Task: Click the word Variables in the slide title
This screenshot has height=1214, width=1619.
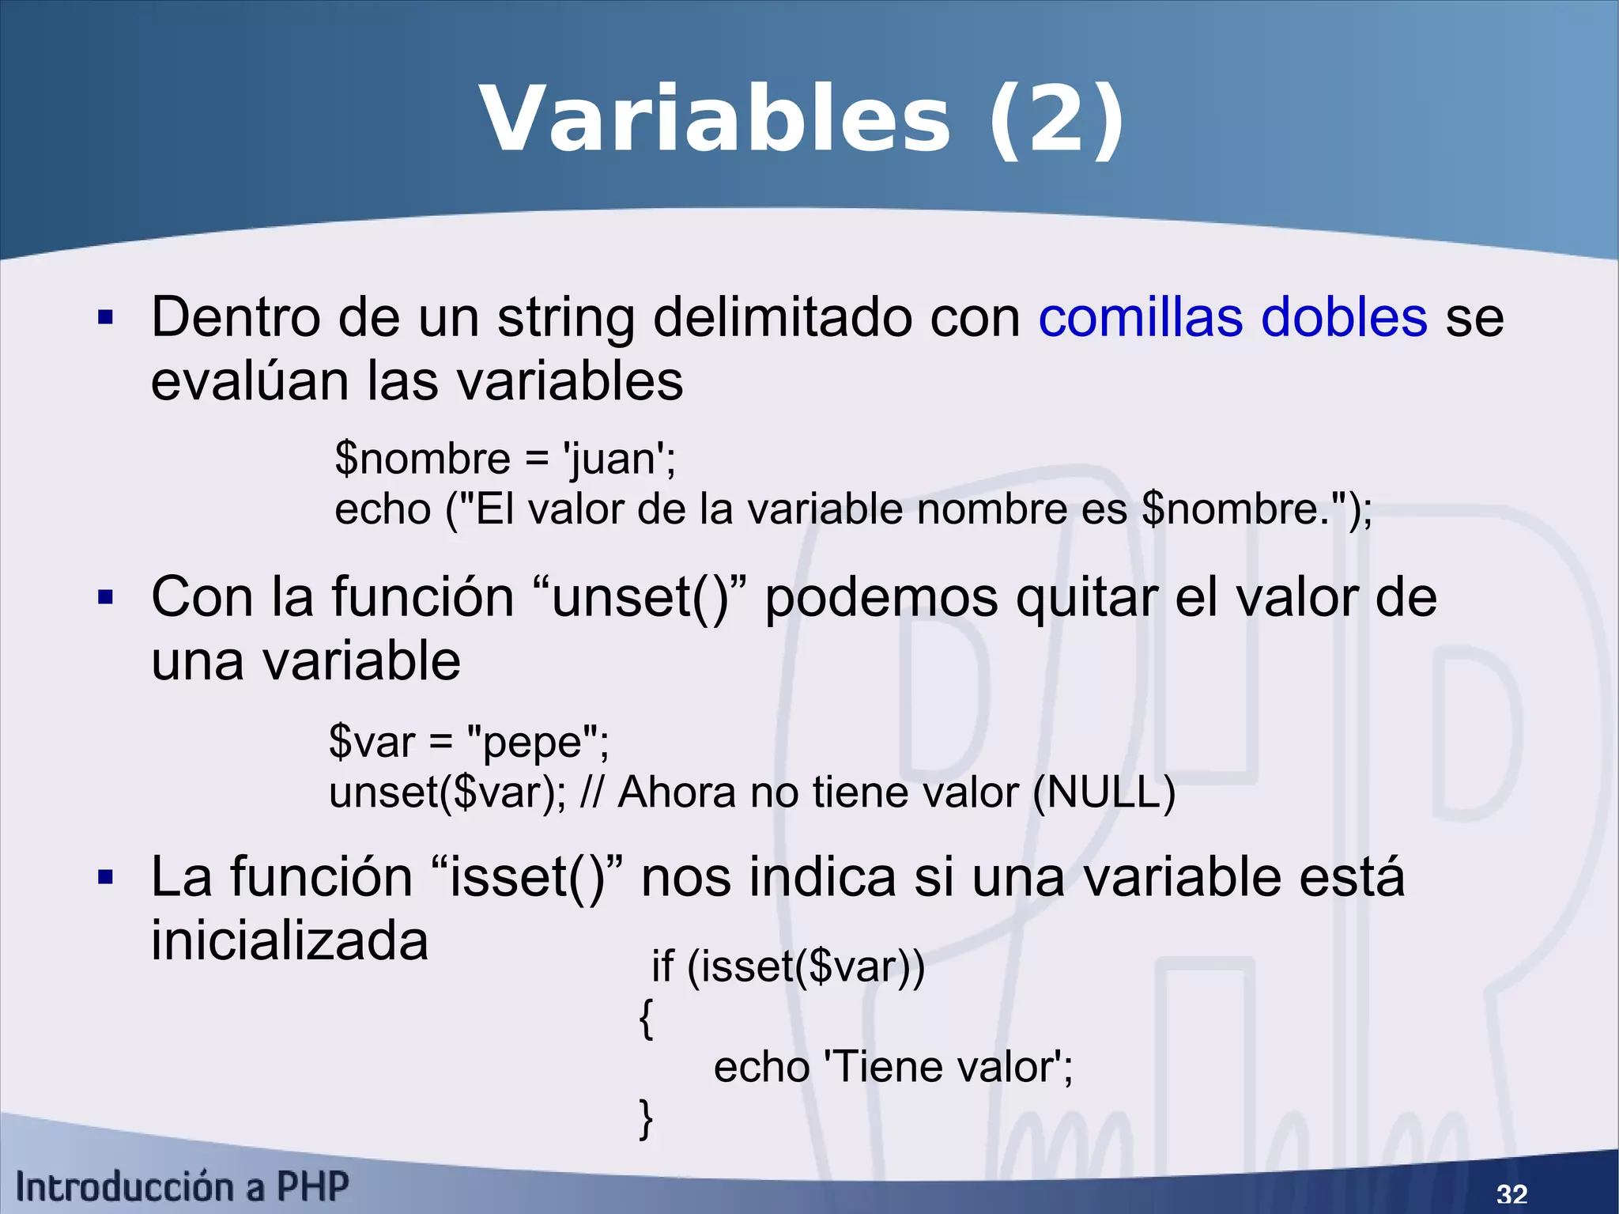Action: pyautogui.click(x=715, y=121)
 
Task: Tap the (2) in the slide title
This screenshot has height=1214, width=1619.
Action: pyautogui.click(x=1056, y=121)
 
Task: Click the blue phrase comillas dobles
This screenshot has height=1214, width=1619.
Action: pyautogui.click(x=1232, y=318)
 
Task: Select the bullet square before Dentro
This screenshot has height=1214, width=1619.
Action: pyautogui.click(x=105, y=318)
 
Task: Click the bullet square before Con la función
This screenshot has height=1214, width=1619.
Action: pyautogui.click(x=105, y=598)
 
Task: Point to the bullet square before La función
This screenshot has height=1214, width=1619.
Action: pyautogui.click(x=105, y=877)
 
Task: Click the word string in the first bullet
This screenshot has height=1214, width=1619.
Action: pyautogui.click(x=565, y=318)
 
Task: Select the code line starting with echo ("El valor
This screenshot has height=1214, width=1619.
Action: pyautogui.click(x=853, y=509)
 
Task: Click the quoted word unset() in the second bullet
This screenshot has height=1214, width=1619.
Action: pyautogui.click(x=640, y=598)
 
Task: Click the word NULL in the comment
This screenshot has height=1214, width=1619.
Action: pyautogui.click(x=1104, y=792)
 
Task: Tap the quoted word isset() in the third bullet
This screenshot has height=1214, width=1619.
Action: pyautogui.click(x=528, y=877)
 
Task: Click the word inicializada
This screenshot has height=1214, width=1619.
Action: pyautogui.click(x=289, y=940)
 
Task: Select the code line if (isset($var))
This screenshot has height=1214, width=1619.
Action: pyautogui.click(x=787, y=966)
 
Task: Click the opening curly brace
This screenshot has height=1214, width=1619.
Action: pyautogui.click(x=646, y=1018)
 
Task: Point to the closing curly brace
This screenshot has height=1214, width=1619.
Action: pyautogui.click(x=646, y=1118)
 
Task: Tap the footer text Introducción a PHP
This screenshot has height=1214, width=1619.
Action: pyautogui.click(x=182, y=1187)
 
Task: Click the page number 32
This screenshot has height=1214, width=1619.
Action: pyautogui.click(x=1511, y=1193)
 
